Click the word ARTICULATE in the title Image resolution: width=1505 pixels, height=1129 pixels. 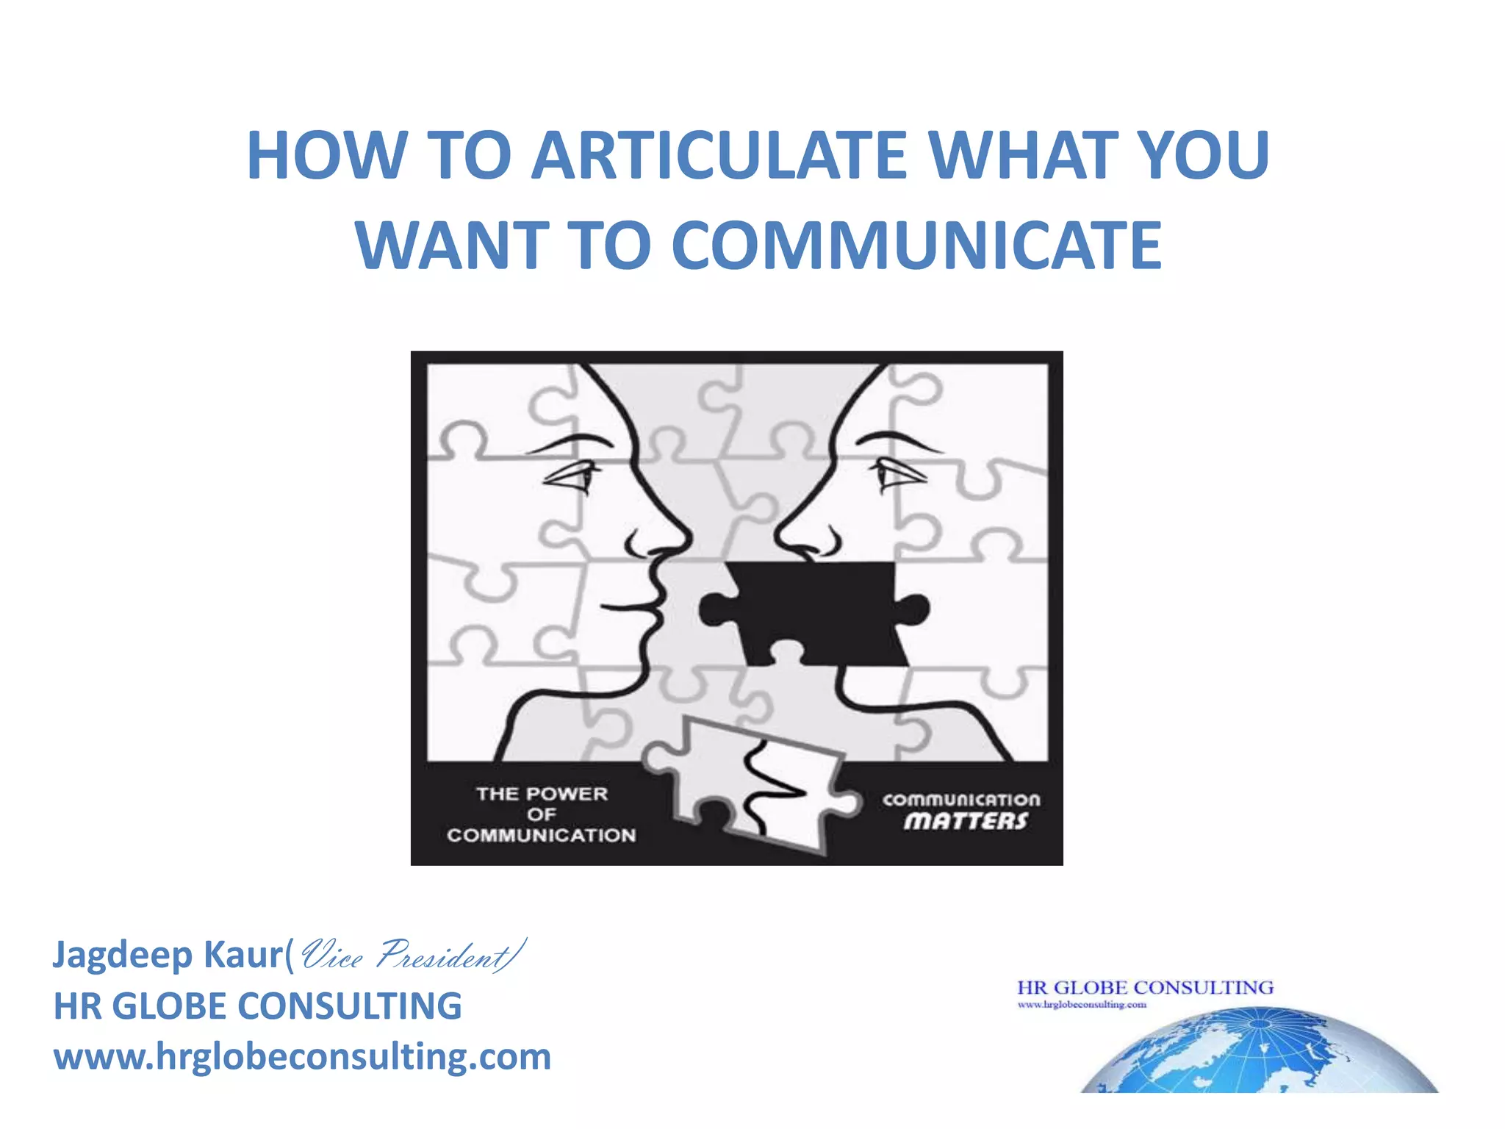(x=719, y=156)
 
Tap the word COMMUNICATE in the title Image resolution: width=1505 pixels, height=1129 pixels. (x=916, y=245)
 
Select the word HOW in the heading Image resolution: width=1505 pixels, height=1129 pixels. (x=326, y=156)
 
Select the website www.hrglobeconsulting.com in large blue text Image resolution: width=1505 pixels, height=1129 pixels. (x=302, y=1057)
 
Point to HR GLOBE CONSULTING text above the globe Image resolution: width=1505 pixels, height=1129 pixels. (x=1144, y=987)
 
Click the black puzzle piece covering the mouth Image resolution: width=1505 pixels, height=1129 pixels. (x=816, y=612)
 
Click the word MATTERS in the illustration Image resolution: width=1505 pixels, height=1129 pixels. (x=964, y=821)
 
